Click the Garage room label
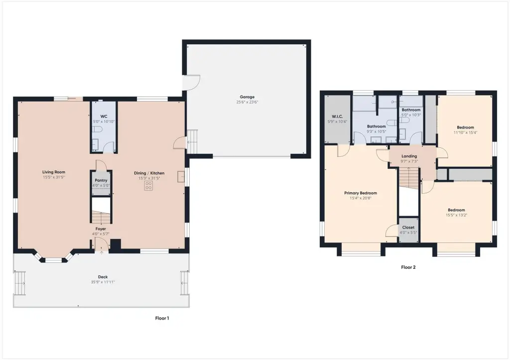coord(247,97)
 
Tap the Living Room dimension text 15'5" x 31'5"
coord(54,177)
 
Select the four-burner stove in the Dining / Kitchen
coord(148,186)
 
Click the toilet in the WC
coord(97,129)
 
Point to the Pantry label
coord(101,180)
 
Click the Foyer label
coord(101,229)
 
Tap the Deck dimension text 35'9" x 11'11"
coord(103,282)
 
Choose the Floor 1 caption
coord(162,318)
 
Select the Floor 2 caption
coord(408,267)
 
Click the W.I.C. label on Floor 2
coord(337,117)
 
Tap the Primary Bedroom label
coord(361,193)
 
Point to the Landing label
coord(409,156)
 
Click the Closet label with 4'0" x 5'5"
coord(408,228)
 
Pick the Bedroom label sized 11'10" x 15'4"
coord(466,127)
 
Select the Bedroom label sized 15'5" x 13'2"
coord(456,210)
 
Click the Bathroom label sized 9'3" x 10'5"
coord(377,126)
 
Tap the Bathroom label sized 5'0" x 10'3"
coord(411,110)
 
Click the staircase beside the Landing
coord(409,177)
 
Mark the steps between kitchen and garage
coord(192,141)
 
